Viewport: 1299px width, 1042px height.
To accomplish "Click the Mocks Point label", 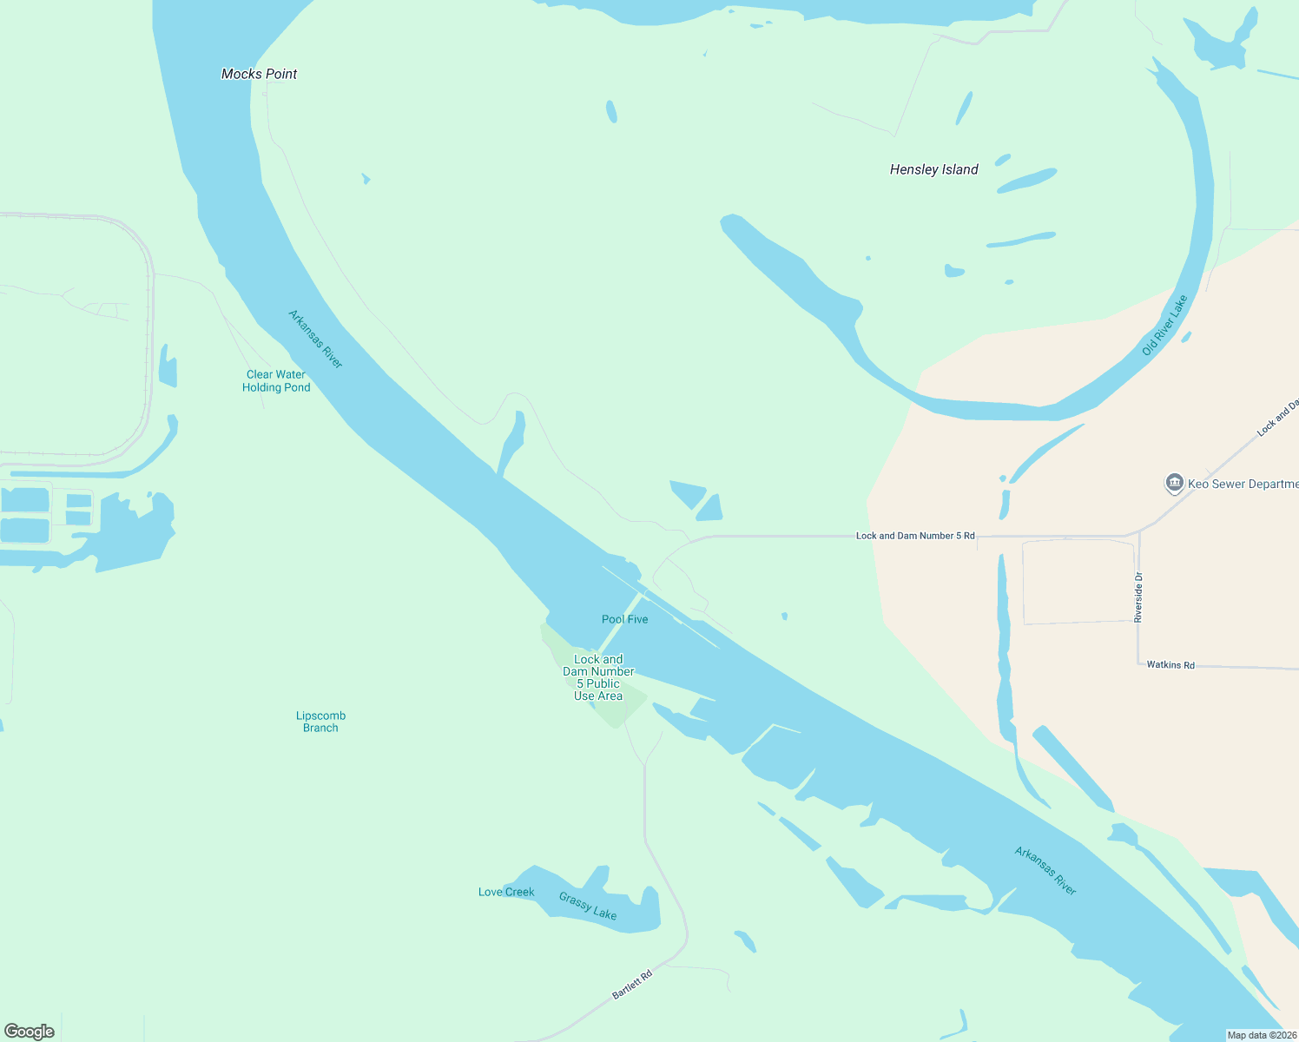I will [259, 74].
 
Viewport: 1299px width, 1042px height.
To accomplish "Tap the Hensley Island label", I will [933, 169].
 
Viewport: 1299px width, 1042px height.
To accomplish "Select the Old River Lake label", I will [1164, 325].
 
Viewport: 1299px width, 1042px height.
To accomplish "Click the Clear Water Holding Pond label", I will [276, 381].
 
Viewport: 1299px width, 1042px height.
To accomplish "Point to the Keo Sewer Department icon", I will [1175, 483].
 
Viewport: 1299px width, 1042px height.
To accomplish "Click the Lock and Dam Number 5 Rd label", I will [915, 536].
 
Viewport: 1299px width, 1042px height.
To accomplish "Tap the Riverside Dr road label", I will [1138, 597].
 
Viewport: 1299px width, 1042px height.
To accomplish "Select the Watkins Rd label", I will [1170, 665].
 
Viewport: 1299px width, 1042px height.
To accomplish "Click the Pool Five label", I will [624, 619].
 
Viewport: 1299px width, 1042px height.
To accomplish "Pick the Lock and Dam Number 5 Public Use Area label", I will [598, 677].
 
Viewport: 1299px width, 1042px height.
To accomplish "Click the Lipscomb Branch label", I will [320, 722].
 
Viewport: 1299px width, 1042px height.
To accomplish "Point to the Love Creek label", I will [506, 892].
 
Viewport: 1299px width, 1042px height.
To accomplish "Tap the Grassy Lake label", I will [588, 906].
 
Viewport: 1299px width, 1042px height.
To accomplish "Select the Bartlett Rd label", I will [632, 984].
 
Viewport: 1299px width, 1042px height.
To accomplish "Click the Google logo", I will [30, 1032].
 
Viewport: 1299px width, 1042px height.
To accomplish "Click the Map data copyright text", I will [1262, 1035].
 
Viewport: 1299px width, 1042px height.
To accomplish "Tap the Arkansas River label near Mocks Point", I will [316, 339].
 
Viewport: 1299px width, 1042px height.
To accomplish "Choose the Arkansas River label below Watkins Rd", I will [1045, 871].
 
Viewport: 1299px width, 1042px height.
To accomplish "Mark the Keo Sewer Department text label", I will [1243, 484].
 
